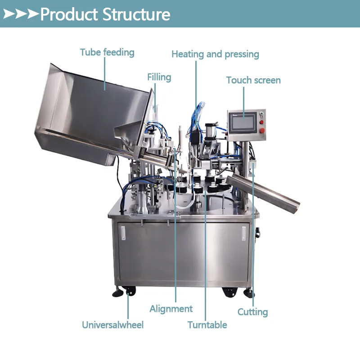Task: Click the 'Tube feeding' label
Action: pos(107,52)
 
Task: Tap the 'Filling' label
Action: pos(159,77)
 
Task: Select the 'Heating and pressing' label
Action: pos(216,54)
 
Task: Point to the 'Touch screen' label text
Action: pos(253,80)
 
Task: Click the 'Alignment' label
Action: pos(171,309)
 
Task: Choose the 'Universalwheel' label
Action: pos(113,325)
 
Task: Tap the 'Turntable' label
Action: pos(207,325)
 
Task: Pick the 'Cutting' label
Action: pos(252,312)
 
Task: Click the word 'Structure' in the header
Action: pos(136,14)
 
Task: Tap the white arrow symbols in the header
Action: pos(21,14)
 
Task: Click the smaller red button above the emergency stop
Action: pos(261,122)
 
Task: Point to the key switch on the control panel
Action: pos(261,114)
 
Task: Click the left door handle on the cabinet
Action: pos(123,233)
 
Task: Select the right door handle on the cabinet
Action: pos(244,234)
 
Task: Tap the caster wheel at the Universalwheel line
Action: pos(130,291)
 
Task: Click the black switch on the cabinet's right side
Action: pos(257,233)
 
